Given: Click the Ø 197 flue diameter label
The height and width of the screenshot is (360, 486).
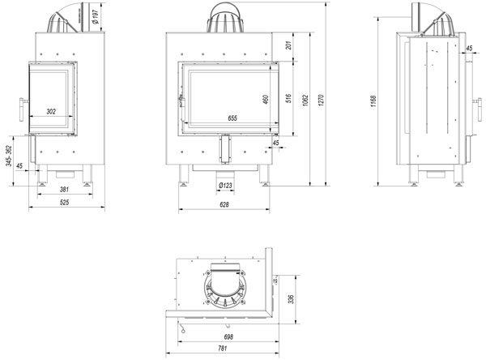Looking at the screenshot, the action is [96, 17].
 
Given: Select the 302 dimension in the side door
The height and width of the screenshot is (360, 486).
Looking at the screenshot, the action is [51, 111].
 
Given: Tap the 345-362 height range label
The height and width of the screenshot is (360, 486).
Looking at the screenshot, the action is [9, 156].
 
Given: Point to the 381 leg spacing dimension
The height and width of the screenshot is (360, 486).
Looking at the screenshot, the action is [64, 189].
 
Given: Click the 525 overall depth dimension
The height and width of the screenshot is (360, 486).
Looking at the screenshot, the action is [64, 203].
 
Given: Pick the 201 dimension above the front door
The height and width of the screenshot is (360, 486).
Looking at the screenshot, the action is [288, 45].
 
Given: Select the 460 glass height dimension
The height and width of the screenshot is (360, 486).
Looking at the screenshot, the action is [266, 99].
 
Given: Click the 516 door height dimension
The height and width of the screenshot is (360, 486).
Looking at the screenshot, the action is [288, 98].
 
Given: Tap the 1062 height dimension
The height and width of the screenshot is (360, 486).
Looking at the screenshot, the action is [306, 101].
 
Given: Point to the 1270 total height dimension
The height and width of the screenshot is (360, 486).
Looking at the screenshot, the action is [321, 101].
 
